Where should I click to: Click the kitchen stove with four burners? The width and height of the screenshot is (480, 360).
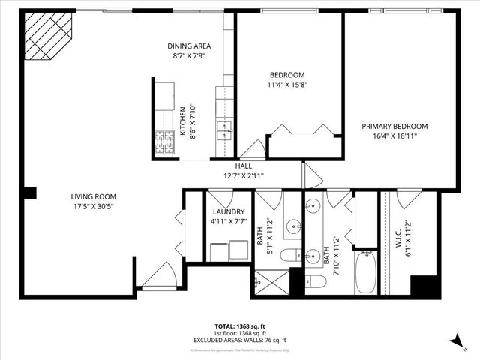[164, 142]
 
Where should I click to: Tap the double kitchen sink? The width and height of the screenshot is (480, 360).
[224, 130]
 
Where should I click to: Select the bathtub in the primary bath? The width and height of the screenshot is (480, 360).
[367, 273]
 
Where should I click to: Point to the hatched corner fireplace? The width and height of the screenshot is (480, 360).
[49, 35]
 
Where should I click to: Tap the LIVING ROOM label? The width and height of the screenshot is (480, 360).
[94, 197]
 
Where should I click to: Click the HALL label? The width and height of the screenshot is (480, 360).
[244, 166]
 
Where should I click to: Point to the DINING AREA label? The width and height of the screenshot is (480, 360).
[188, 46]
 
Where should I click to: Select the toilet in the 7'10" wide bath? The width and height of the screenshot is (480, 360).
[315, 281]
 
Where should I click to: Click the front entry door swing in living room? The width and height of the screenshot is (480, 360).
[159, 277]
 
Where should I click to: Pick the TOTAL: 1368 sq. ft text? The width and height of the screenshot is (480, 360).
[241, 325]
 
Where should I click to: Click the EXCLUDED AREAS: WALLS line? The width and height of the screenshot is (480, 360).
[241, 339]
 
